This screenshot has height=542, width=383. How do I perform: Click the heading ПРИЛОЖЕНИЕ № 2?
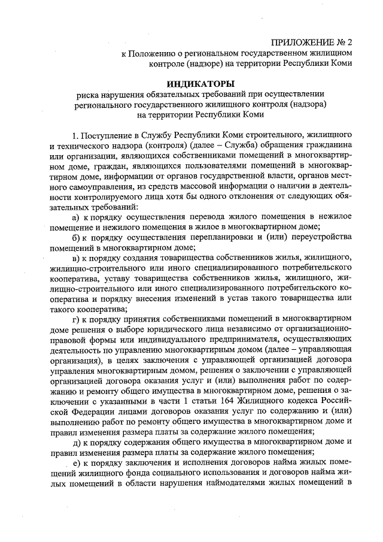312,43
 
